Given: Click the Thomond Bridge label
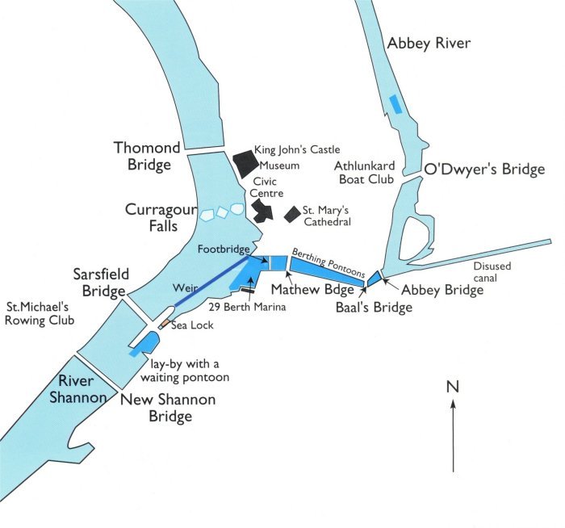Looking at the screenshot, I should (147, 157).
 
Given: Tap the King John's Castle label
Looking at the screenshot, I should (297, 149).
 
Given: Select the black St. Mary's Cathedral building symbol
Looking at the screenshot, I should (292, 215).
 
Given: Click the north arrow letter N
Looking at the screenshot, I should (452, 387).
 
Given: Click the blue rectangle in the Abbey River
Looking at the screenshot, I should (395, 103).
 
